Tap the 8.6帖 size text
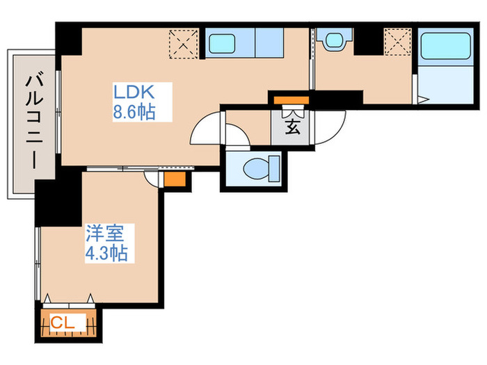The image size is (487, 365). click(x=134, y=111)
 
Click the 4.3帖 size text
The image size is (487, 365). click(x=106, y=253)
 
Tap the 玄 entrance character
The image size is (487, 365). click(x=292, y=127)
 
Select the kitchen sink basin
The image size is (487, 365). click(x=228, y=44)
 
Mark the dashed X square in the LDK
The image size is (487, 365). click(x=184, y=44)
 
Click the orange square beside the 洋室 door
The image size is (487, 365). click(x=173, y=179)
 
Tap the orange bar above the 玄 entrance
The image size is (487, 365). click(x=290, y=101)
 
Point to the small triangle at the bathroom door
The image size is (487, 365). click(x=422, y=99)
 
